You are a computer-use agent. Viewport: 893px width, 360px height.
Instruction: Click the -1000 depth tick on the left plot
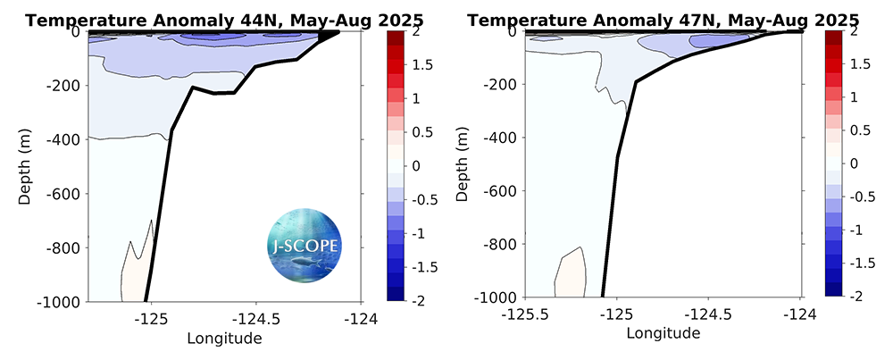[x=61, y=301]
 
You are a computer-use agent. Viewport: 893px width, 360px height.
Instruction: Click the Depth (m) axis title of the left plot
[x=25, y=166]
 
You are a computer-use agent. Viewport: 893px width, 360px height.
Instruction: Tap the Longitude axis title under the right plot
[x=663, y=333]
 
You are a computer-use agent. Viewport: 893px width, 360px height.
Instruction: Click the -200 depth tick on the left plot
[x=64, y=86]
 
